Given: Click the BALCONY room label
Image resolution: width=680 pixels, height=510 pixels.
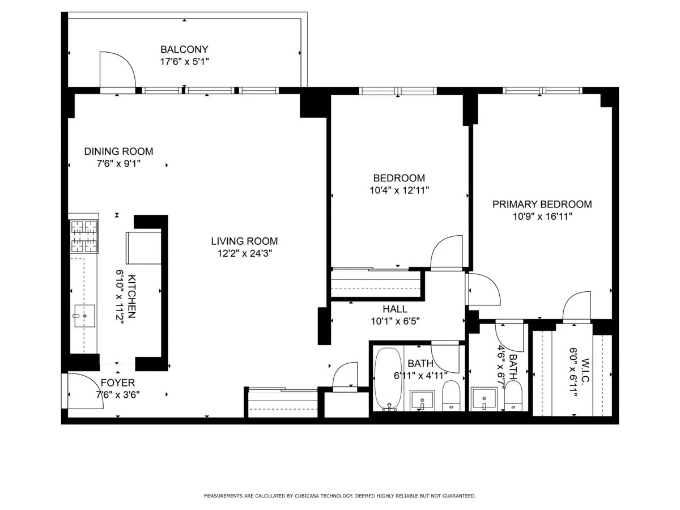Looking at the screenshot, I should point(184,49).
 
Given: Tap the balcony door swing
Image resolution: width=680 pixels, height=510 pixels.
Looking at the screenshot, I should point(116,71).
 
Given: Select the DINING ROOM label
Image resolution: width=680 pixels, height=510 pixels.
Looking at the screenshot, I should point(118,151).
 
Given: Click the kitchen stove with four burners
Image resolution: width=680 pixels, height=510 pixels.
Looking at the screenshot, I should point(84,236).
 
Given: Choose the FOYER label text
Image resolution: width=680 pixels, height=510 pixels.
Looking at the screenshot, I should point(118,383).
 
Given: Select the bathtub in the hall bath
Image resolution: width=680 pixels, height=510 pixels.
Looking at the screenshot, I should point(388,378).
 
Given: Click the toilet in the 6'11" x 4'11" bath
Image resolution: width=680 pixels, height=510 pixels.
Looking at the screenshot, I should point(451,394).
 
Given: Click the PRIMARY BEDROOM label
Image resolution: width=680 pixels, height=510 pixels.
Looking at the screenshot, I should point(542,204).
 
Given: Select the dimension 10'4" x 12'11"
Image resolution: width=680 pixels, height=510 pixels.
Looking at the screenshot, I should point(398,190).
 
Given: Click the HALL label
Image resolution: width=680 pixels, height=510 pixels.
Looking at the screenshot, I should point(395,309).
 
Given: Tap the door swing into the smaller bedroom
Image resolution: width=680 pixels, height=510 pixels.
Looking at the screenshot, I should point(448,253).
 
